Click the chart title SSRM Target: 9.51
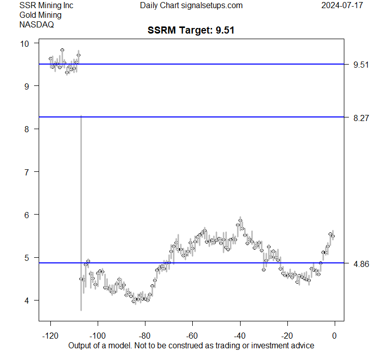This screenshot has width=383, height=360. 191,31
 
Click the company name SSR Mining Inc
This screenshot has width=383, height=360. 46,6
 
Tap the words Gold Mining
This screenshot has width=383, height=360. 40,15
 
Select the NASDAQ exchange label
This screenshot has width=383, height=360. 37,24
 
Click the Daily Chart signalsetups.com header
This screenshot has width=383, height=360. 191,6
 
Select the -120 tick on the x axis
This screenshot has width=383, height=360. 50,336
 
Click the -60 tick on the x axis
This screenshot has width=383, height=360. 192,336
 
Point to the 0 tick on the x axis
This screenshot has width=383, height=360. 335,336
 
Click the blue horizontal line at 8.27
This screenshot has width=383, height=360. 203,117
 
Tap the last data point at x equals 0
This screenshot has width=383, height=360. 333,236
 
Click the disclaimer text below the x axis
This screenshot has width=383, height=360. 191,346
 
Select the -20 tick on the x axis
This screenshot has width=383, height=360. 287,336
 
